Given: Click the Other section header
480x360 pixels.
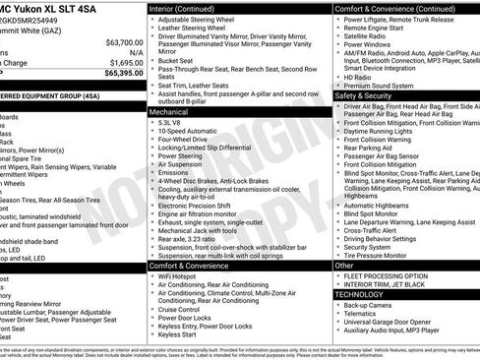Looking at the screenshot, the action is click(344, 266).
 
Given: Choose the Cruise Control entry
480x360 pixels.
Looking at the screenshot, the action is click(185, 310).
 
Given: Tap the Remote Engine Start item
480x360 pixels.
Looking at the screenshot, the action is click(379, 30).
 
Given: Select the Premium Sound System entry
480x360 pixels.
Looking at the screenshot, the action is click(380, 86).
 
